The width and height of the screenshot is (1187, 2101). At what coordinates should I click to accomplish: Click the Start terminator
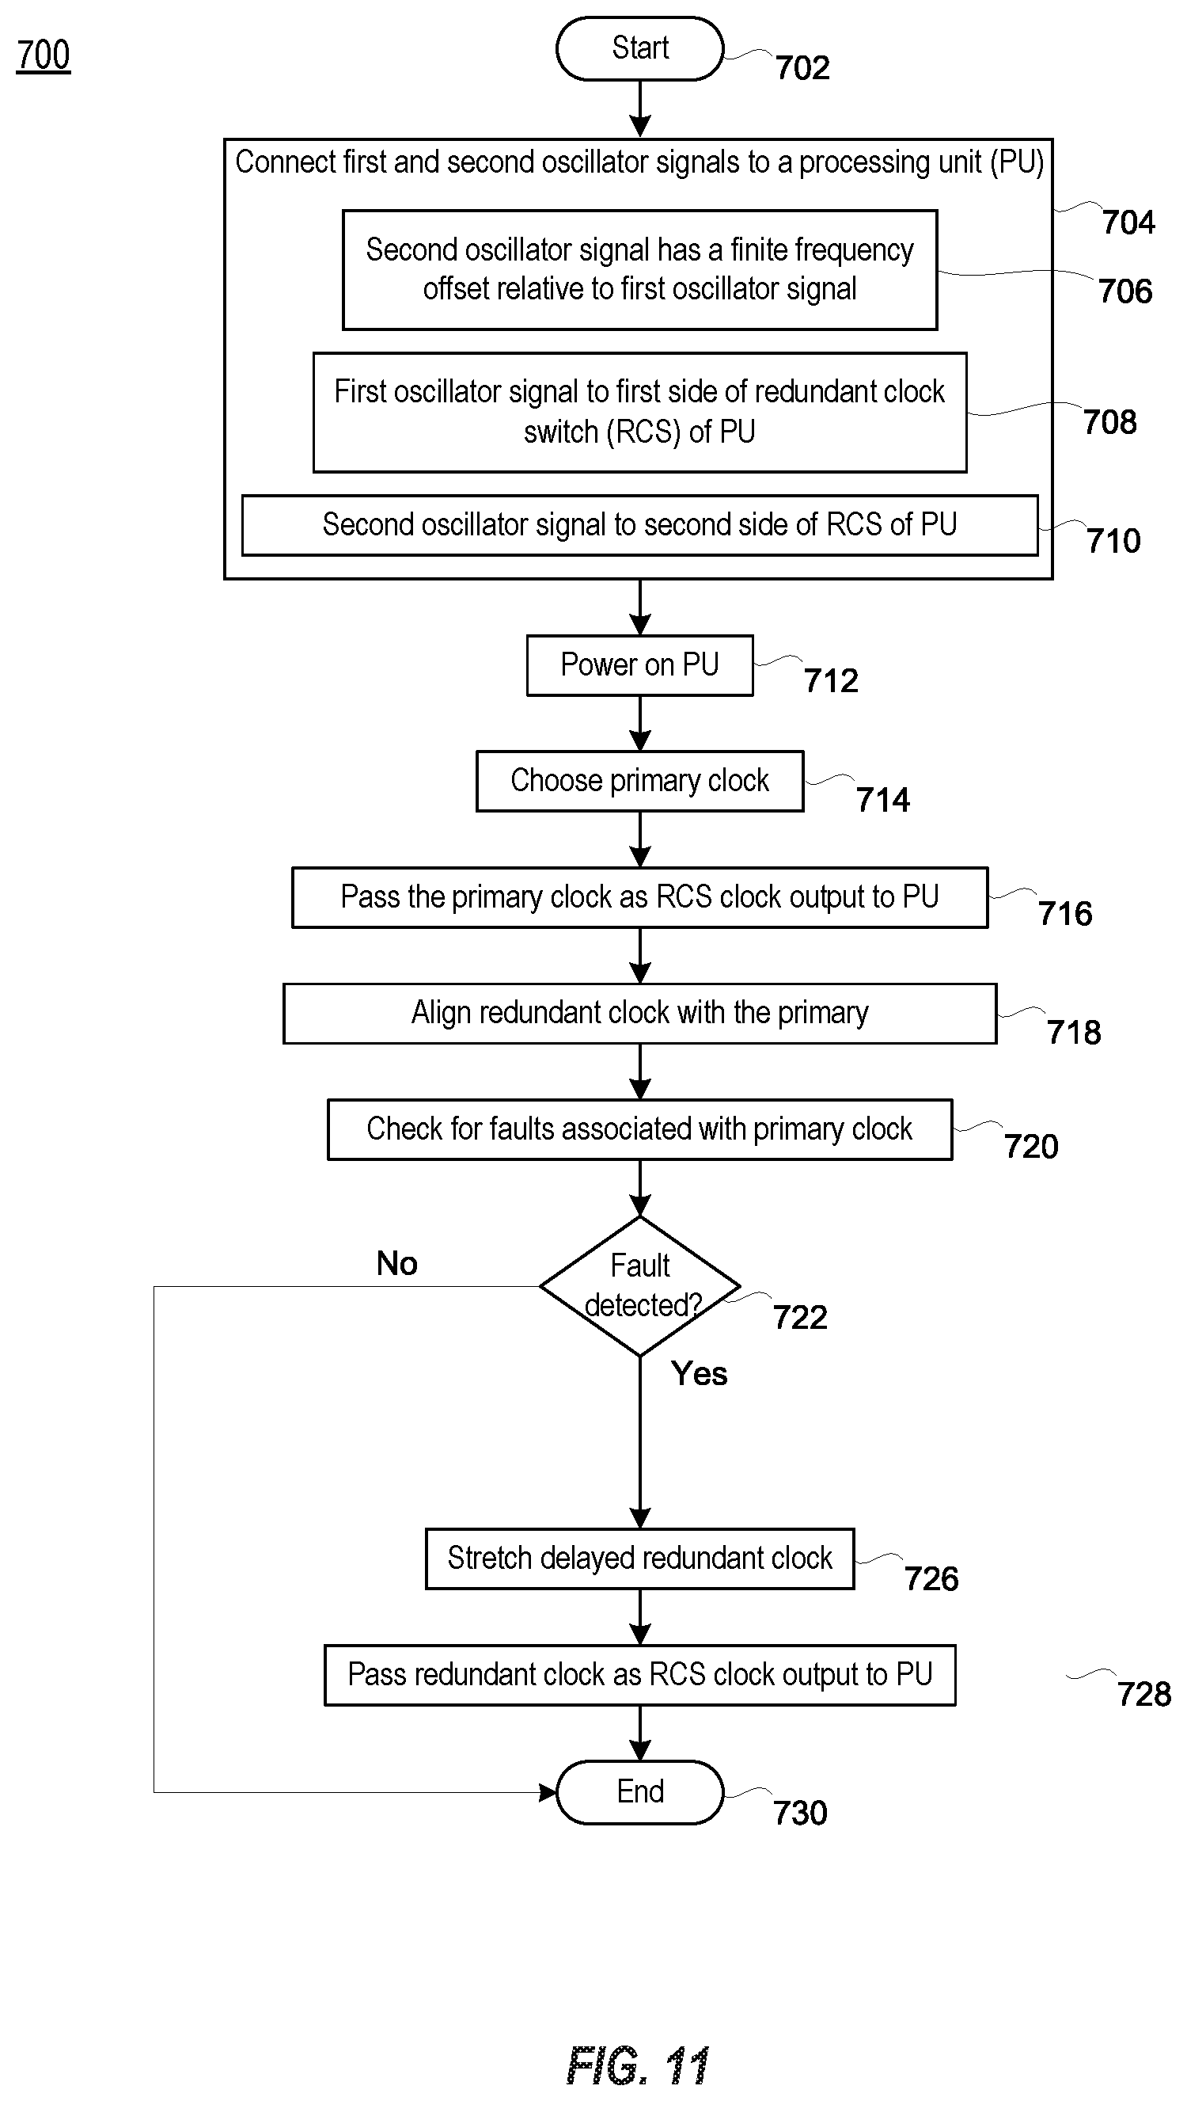(640, 49)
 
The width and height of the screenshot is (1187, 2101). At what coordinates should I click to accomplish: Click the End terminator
(640, 1792)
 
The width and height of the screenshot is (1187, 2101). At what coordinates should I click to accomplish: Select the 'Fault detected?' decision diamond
(640, 1286)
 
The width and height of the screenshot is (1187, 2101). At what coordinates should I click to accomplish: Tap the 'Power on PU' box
(640, 665)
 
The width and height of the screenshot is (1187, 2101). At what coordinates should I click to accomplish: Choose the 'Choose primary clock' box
(640, 782)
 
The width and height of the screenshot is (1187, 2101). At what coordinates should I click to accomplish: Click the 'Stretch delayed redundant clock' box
(640, 1559)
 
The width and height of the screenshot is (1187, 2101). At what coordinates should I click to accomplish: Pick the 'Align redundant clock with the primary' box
(640, 1014)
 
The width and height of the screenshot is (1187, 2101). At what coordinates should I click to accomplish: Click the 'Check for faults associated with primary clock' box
(640, 1129)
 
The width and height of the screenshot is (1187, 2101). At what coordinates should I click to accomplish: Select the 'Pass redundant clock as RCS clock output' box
(640, 1675)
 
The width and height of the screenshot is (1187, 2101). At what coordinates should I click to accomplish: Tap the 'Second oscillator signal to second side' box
(640, 525)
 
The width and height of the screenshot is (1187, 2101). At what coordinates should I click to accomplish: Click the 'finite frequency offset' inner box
(640, 270)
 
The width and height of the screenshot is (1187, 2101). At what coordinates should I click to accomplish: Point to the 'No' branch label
(397, 1263)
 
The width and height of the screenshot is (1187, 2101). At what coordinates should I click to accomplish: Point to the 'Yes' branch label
(700, 1373)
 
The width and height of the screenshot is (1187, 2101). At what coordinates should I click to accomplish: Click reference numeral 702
(803, 67)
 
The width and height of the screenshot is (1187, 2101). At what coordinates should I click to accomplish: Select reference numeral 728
(1144, 1695)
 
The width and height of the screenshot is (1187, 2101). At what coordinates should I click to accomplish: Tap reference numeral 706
(1126, 291)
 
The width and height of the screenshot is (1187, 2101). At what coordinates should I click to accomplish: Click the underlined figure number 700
(44, 55)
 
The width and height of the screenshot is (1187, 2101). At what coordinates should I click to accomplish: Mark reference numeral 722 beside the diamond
(801, 1317)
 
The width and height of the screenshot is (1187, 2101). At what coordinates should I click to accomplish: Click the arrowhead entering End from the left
(548, 1793)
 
